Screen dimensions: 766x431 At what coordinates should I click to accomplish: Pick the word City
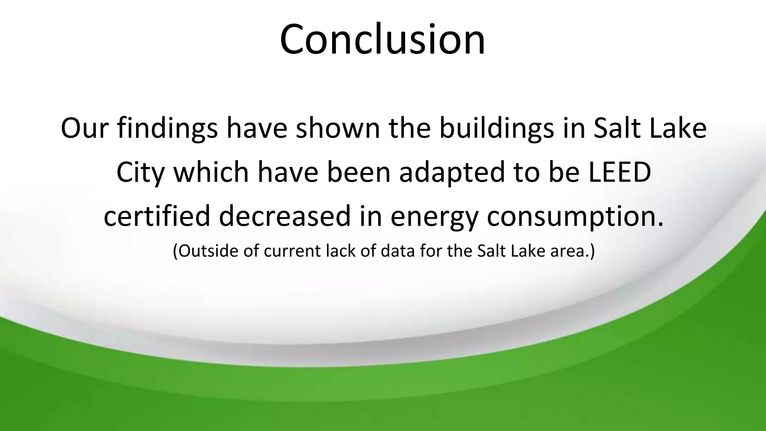coord(141,173)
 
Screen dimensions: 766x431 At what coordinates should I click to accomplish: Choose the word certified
coord(157,216)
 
